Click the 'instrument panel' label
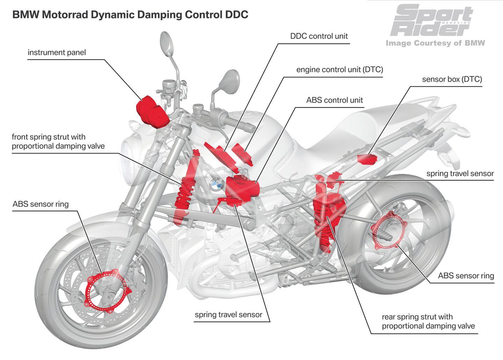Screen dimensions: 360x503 point(57,52)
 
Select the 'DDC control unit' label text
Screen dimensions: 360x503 point(319,36)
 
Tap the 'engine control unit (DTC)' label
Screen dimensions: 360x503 point(340,70)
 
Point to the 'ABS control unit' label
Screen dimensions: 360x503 point(334,100)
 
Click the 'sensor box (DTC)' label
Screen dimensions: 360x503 point(452,79)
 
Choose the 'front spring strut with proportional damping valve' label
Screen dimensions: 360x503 point(58,141)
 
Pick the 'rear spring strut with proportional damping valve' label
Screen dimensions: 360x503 point(428,322)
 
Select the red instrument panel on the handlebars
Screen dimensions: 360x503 point(150,108)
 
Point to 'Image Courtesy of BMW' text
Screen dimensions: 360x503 point(435,43)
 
